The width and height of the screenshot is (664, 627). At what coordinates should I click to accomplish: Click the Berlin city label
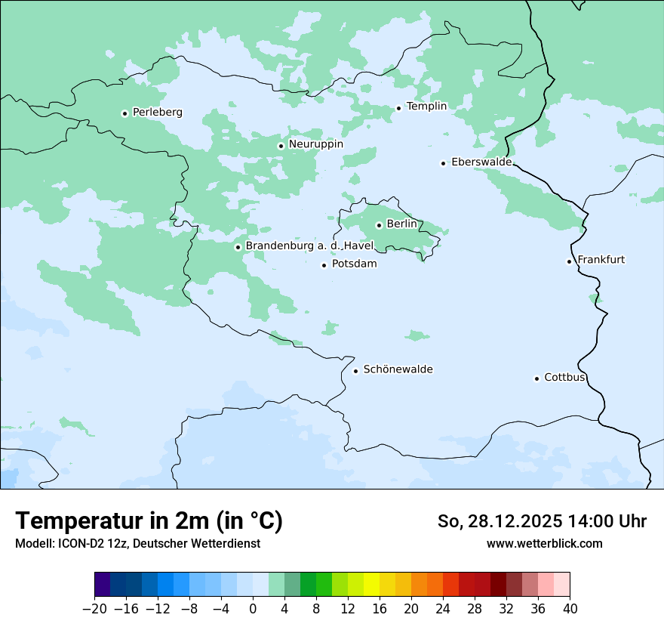click(401, 224)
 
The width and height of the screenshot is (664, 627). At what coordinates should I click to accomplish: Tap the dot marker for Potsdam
click(324, 265)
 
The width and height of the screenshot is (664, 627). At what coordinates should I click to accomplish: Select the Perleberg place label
click(157, 113)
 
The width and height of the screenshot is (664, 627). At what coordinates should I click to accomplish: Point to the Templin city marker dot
click(399, 108)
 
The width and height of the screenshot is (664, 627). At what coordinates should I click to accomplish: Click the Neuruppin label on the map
click(315, 144)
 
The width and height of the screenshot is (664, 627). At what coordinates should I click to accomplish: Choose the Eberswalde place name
click(481, 162)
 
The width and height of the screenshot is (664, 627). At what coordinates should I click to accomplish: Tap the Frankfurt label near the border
click(601, 260)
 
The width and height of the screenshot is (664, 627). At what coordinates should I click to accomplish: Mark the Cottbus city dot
click(537, 378)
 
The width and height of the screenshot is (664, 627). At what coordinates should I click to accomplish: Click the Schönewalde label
click(398, 369)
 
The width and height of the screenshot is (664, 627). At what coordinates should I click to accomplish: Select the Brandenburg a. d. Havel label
click(309, 246)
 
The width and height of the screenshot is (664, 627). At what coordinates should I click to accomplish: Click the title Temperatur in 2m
click(149, 521)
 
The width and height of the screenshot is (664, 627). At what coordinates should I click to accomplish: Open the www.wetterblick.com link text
click(544, 544)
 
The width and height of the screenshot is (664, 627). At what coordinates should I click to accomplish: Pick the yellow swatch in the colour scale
click(371, 585)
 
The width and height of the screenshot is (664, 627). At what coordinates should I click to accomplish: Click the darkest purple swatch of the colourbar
click(103, 585)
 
